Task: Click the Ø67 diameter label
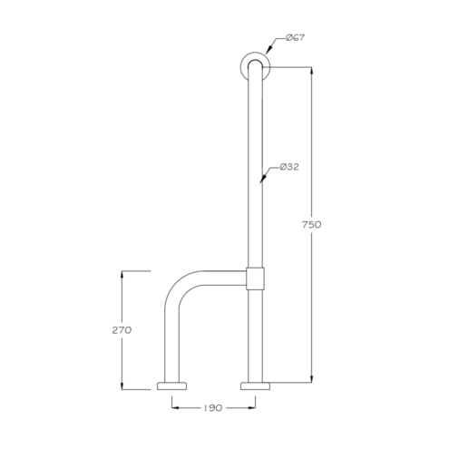[x=295, y=38]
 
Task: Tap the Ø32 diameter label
[x=289, y=167]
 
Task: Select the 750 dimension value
[x=311, y=224]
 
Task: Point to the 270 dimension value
[x=122, y=330]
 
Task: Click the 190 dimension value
[x=213, y=408]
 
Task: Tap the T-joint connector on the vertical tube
[x=255, y=278]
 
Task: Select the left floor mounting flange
[x=171, y=386]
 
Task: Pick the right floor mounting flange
[x=255, y=386]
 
